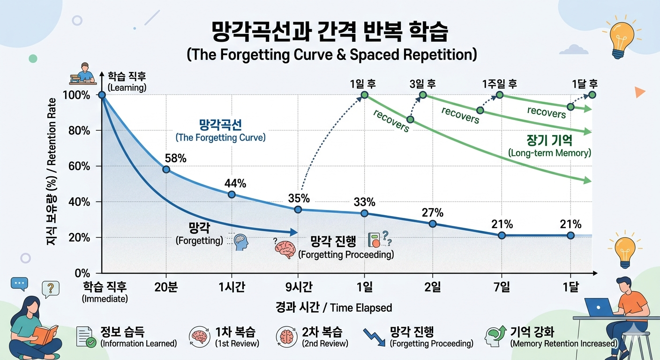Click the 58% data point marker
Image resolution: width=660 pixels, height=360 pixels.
pyautogui.click(x=166, y=169)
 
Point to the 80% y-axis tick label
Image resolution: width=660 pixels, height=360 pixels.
pyautogui.click(x=79, y=131)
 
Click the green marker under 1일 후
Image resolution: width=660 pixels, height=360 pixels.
pyautogui.click(x=364, y=95)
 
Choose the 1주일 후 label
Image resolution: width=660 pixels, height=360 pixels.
pyautogui.click(x=499, y=84)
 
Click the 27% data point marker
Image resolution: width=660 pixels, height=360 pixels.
pyautogui.click(x=433, y=224)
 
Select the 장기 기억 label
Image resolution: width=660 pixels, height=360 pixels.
pyautogui.click(x=549, y=141)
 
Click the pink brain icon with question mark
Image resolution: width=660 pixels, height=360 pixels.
pyautogui.click(x=284, y=249)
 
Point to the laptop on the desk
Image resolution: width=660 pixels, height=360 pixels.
pyautogui.click(x=599, y=307)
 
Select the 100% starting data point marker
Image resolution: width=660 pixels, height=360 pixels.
pyautogui.click(x=101, y=95)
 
